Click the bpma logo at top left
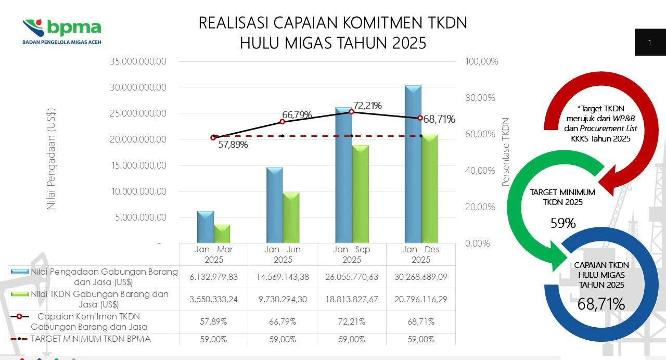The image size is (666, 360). (x=62, y=31)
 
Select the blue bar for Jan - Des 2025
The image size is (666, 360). (x=413, y=164)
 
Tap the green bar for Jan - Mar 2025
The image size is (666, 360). (x=222, y=234)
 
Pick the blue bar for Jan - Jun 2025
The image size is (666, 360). (x=274, y=205)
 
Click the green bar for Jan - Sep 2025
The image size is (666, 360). (x=360, y=194)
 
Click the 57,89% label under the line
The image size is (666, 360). (x=233, y=145)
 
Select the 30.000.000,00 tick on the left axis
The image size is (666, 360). (x=138, y=87)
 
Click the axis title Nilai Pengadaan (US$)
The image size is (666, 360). (x=51, y=159)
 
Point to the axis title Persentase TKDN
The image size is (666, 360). (x=505, y=152)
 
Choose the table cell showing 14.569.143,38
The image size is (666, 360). (x=283, y=277)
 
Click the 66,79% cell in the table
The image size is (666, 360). (x=283, y=322)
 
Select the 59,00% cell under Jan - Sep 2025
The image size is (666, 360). (x=352, y=339)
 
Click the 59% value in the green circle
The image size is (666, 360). (x=563, y=223)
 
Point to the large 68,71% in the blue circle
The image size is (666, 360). (x=601, y=304)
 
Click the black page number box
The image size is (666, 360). (x=650, y=42)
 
